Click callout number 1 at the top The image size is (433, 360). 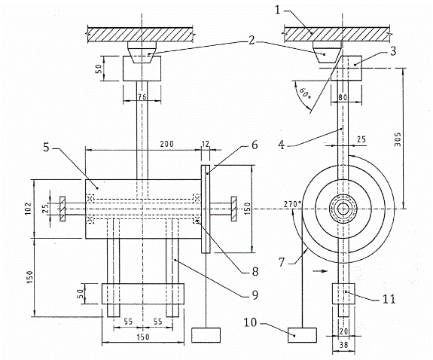[278, 11]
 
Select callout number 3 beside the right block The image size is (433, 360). [392, 50]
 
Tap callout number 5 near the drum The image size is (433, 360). [46, 148]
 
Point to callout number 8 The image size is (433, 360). [255, 271]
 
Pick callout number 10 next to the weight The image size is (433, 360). [250, 322]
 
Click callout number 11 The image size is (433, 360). [389, 299]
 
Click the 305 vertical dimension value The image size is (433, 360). [398, 140]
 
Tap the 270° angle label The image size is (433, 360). [293, 204]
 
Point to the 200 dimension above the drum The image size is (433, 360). [166, 144]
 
